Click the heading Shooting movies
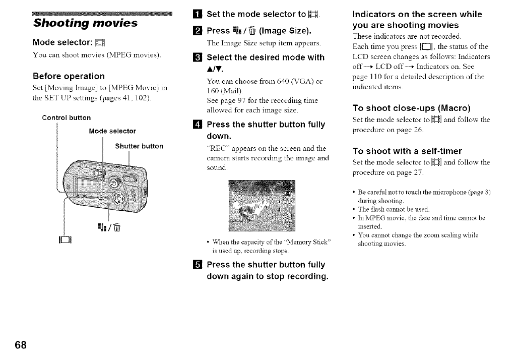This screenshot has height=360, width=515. pyautogui.click(x=85, y=23)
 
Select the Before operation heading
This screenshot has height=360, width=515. pyautogui.click(x=69, y=76)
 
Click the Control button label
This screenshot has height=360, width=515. pyautogui.click(x=66, y=118)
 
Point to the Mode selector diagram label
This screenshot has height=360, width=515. pyautogui.click(x=112, y=131)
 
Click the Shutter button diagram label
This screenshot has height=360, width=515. pyautogui.click(x=139, y=146)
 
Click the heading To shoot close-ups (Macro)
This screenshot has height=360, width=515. pyautogui.click(x=412, y=107)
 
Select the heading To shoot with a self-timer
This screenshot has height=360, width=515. pyautogui.click(x=407, y=151)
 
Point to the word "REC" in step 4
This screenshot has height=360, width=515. pyautogui.click(x=218, y=148)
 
